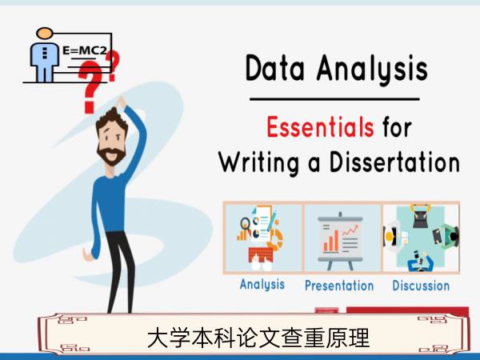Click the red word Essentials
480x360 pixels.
pyautogui.click(x=320, y=126)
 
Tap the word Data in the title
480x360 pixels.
pyautogui.click(x=275, y=68)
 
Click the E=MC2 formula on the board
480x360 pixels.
pyautogui.click(x=85, y=50)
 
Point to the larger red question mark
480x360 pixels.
pyautogui.click(x=90, y=86)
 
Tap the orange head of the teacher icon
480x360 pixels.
pyautogui.click(x=45, y=33)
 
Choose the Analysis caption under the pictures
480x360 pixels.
pyautogui.click(x=262, y=285)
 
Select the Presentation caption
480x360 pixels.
pyautogui.click(x=339, y=286)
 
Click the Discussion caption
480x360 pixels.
pyautogui.click(x=421, y=286)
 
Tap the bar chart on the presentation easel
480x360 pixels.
pyautogui.click(x=331, y=242)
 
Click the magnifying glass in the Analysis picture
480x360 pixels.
pyautogui.click(x=245, y=224)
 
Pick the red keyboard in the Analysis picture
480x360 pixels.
pyautogui.click(x=261, y=254)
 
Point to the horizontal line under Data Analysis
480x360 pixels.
pyautogui.click(x=334, y=99)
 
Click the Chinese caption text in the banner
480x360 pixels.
pyautogui.click(x=258, y=338)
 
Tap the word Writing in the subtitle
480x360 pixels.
pyautogui.click(x=259, y=162)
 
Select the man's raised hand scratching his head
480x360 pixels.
pyautogui.click(x=121, y=102)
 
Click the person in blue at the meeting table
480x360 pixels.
pyautogui.click(x=420, y=262)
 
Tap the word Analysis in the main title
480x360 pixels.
pyautogui.click(x=372, y=70)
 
